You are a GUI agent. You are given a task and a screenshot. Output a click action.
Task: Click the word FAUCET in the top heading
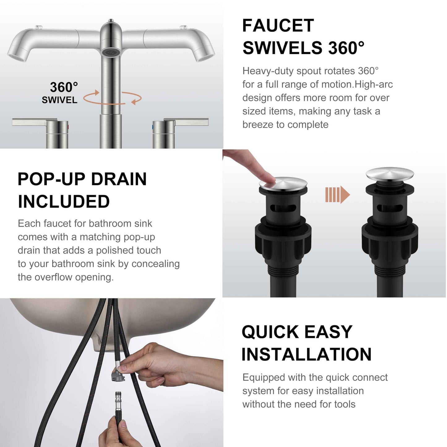point(278,25)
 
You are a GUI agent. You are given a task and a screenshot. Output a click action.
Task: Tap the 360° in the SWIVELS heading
point(346,48)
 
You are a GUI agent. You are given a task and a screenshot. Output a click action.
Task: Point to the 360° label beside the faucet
point(64,87)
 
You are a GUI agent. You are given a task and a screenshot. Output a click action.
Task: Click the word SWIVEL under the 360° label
point(59,100)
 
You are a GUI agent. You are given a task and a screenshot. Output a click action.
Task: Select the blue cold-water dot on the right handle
point(153,127)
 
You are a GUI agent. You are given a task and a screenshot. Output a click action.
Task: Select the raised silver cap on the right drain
point(389,173)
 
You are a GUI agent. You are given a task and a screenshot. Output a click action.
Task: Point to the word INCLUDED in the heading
point(64,202)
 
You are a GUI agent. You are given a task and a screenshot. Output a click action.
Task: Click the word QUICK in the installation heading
point(270,332)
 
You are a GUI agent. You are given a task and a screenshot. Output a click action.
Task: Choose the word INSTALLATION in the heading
point(306,355)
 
